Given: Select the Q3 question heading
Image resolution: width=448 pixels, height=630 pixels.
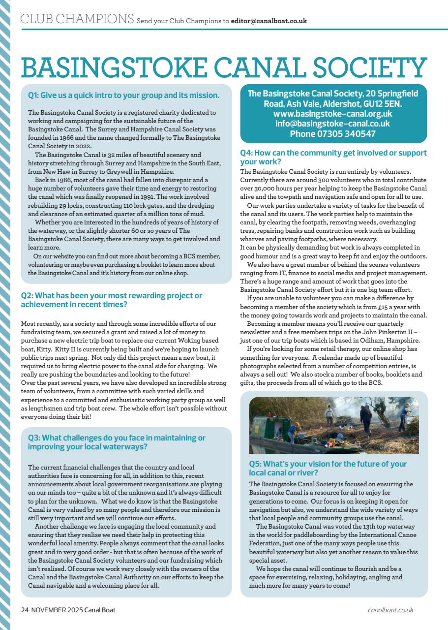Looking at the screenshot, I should (x=117, y=442).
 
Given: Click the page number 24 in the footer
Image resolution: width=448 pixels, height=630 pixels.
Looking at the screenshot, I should (x=24, y=610).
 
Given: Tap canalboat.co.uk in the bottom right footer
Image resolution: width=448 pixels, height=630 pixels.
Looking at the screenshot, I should (x=390, y=610).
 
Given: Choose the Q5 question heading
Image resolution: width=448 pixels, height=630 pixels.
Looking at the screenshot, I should (x=328, y=468).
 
